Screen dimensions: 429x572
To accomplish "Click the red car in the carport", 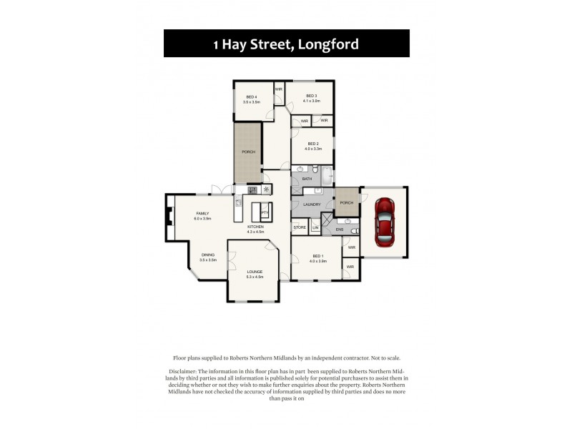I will pyautogui.click(x=384, y=221).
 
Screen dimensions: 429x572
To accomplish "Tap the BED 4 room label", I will pyautogui.click(x=251, y=97).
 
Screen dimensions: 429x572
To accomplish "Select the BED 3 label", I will pyautogui.click(x=311, y=95).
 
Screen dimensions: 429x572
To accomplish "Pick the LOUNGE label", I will pyautogui.click(x=255, y=272).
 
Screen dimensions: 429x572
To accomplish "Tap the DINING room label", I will pyautogui.click(x=207, y=255).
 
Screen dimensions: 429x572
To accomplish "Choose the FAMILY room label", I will pyautogui.click(x=202, y=213).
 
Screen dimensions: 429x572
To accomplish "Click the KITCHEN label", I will pyautogui.click(x=255, y=227).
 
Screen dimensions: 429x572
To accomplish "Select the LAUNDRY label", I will pyautogui.click(x=311, y=204).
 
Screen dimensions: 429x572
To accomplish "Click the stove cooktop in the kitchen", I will pyautogui.click(x=252, y=189).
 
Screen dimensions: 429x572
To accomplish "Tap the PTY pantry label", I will pyautogui.click(x=264, y=212).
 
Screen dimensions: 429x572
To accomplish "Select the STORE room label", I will pyautogui.click(x=300, y=227).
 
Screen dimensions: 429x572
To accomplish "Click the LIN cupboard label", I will pyautogui.click(x=315, y=227).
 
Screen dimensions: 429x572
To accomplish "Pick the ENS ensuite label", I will pyautogui.click(x=330, y=230).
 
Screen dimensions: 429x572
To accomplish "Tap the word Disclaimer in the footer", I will pyautogui.click(x=186, y=372).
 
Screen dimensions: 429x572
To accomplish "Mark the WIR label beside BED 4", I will pyautogui.click(x=279, y=89).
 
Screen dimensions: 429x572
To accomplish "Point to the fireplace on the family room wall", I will pyautogui.click(x=169, y=215).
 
